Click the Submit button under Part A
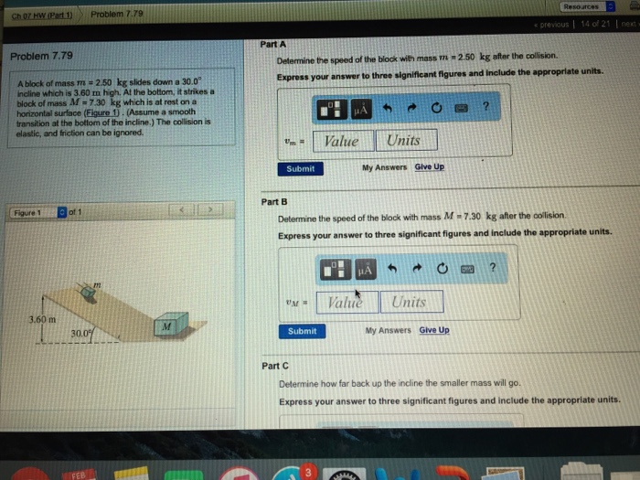[x=300, y=168]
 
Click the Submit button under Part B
[x=302, y=331]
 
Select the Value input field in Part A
[x=342, y=140]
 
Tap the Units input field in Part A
[x=404, y=140]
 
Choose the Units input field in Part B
[x=409, y=302]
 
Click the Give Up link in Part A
[x=430, y=167]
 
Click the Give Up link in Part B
[x=434, y=330]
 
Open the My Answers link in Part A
[x=385, y=167]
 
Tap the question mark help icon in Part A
[x=485, y=107]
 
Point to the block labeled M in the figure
[x=167, y=325]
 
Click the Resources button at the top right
[x=582, y=6]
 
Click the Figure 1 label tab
[x=29, y=212]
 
